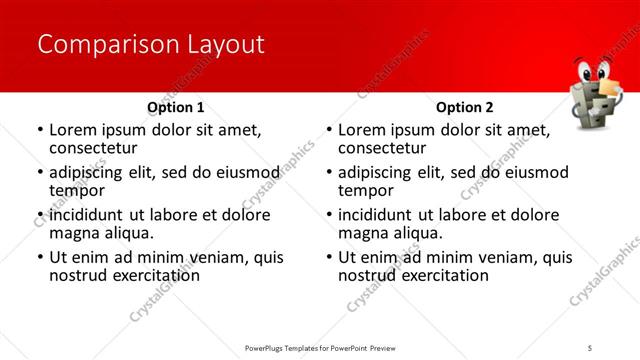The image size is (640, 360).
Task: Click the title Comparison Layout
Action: tap(150, 45)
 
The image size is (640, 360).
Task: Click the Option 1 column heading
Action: tap(176, 108)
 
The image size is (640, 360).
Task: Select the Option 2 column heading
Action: tap(465, 108)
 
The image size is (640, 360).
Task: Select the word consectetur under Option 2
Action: tap(383, 148)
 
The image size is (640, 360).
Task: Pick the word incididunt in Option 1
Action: tap(88, 215)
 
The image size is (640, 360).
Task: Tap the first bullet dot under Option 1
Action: tap(40, 131)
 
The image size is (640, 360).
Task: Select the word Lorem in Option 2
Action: tap(362, 130)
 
